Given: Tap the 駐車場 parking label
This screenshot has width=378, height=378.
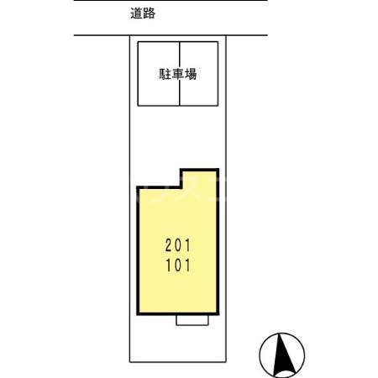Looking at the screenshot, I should [178, 74].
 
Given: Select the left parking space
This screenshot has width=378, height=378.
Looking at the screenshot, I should [159, 92].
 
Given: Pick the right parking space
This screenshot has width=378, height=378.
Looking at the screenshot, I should [199, 92].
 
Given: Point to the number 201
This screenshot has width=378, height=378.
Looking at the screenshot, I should [178, 247].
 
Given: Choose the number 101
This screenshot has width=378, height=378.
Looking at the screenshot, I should [178, 266].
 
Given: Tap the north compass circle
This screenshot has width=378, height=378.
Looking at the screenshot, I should [281, 355].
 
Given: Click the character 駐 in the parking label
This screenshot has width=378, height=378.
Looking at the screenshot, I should [165, 74].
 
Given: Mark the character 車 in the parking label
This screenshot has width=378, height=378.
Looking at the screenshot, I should [178, 74].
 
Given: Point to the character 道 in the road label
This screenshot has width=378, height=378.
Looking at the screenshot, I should [137, 13].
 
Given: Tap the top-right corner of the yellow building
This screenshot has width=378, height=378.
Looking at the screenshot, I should [218, 170].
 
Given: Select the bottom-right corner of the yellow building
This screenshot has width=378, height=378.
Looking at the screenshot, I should [218, 316].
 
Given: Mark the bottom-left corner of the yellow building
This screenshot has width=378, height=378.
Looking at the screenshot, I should [138, 316].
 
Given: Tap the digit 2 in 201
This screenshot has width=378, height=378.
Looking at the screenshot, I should [169, 247].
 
